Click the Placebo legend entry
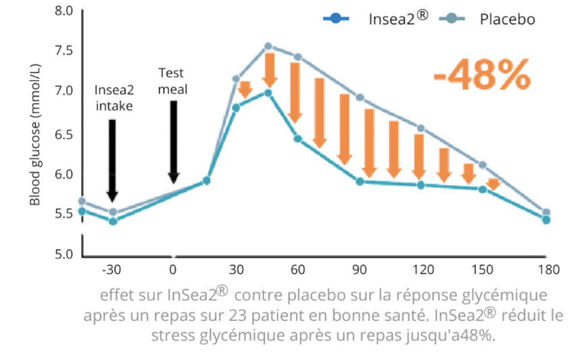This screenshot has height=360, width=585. click(x=507, y=20)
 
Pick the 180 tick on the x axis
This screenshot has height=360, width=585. click(x=549, y=270)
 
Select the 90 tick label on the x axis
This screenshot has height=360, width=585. click(x=361, y=270)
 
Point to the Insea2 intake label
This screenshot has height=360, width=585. click(x=113, y=97)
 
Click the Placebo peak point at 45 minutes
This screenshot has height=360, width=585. click(x=268, y=47)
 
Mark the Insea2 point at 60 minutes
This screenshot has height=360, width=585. click(x=297, y=138)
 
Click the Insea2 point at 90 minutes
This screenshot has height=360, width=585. click(x=360, y=181)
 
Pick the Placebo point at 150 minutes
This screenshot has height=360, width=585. click(x=483, y=164)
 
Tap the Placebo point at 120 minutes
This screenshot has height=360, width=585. click(x=421, y=128)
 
